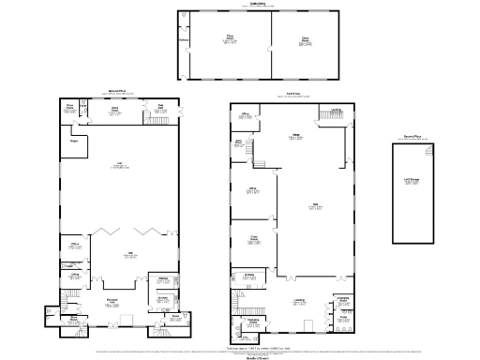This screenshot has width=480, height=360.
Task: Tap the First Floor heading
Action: tap(292, 94)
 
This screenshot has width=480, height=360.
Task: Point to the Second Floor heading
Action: tap(412, 136)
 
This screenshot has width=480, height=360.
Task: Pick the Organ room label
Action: tap(73, 142)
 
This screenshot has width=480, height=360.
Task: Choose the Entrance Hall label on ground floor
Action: tap(112, 303)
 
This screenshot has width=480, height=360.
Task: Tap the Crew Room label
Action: tap(253, 238)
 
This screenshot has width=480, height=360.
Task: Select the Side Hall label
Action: tap(160, 106)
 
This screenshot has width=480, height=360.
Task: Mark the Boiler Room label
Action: tap(72, 320)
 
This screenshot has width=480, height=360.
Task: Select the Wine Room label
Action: tap(68, 107)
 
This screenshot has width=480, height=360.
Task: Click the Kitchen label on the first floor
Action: tap(249, 276)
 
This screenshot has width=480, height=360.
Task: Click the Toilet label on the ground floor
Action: tap(173, 317)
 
